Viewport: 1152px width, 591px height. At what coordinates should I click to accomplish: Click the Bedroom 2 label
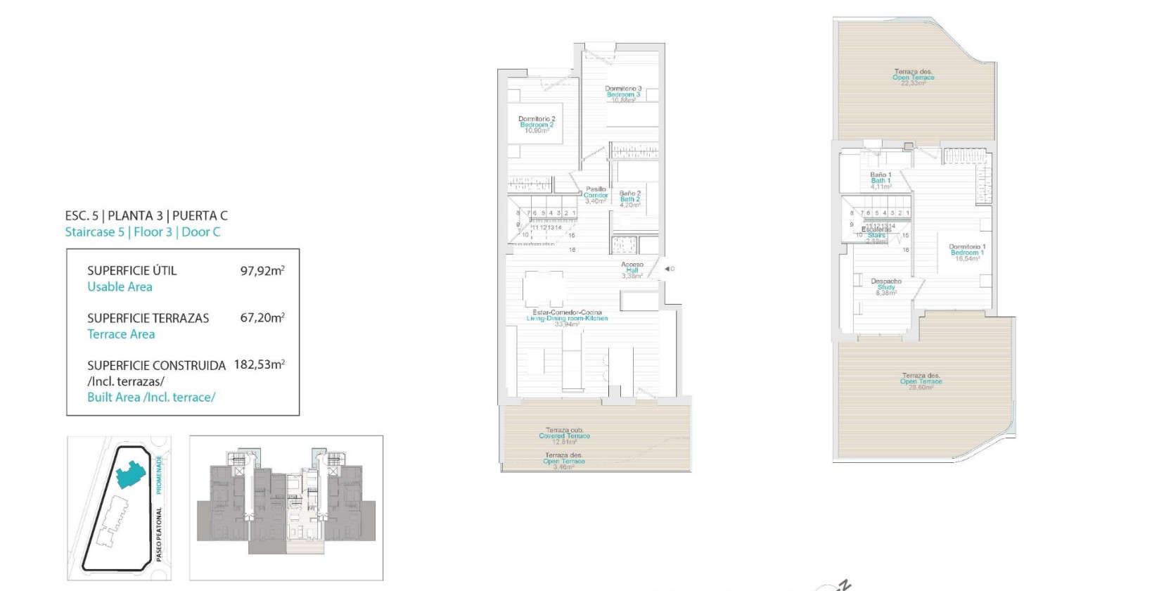coord(537,125)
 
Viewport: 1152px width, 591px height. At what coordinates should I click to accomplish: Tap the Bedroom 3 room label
coord(623,94)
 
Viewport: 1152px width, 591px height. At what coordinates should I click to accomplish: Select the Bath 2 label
coord(630,199)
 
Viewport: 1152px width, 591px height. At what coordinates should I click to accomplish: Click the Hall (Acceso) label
coord(632,270)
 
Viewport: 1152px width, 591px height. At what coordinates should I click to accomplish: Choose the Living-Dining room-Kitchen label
coord(567,318)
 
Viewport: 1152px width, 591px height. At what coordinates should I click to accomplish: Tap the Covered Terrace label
coord(564,436)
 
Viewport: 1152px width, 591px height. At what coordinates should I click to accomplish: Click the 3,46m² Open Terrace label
coord(563,462)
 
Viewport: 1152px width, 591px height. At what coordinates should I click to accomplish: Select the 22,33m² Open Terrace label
coord(914,77)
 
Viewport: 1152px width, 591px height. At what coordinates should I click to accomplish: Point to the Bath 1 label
coord(881,181)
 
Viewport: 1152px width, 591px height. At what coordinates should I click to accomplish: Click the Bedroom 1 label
coord(967,253)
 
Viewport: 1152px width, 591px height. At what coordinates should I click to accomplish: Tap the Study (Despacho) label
coord(886,287)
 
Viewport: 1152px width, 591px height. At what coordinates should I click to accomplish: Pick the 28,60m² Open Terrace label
coord(921,381)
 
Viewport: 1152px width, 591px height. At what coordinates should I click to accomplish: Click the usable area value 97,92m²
coord(262,270)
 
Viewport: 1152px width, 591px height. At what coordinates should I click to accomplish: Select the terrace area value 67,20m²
coord(262,318)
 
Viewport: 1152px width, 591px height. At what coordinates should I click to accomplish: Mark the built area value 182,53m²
coord(260,364)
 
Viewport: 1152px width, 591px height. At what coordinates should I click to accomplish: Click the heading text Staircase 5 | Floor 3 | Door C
coord(143,232)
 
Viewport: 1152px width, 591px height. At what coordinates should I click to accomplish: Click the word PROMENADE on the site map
coord(160,474)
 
